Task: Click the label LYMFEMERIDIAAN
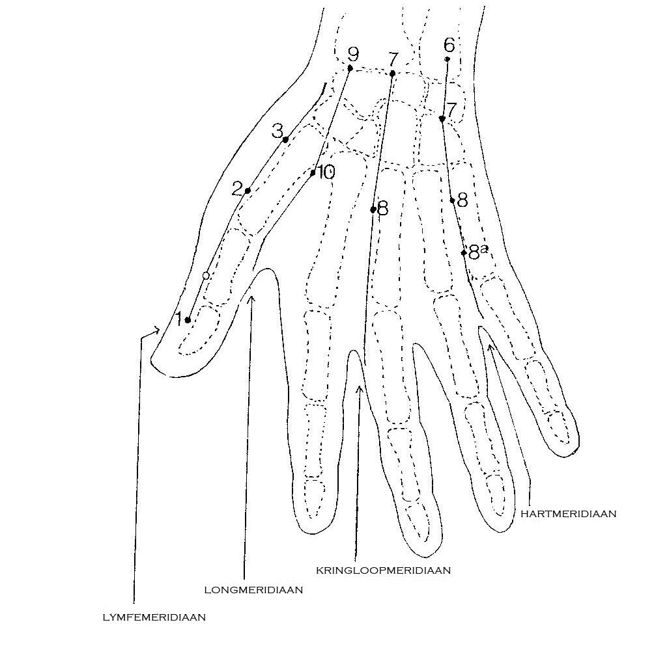pos(154,617)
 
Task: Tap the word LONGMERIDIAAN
pos(253,590)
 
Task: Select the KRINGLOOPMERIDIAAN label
pos(383,570)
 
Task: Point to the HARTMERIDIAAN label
pos(569,514)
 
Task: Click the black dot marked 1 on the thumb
pos(188,319)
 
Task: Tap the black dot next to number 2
pos(248,191)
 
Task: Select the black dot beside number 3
pos(285,139)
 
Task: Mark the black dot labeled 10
pos(313,173)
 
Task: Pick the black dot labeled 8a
pos(464,252)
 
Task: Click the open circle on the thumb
pos(206,276)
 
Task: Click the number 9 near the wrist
pos(353,54)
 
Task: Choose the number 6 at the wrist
pos(449,44)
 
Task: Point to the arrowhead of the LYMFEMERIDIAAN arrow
pos(157,330)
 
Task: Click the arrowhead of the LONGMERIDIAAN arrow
pos(251,299)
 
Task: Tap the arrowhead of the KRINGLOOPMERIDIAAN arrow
pos(360,388)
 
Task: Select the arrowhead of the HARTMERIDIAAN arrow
pos(490,347)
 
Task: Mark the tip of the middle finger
pos(426,556)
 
